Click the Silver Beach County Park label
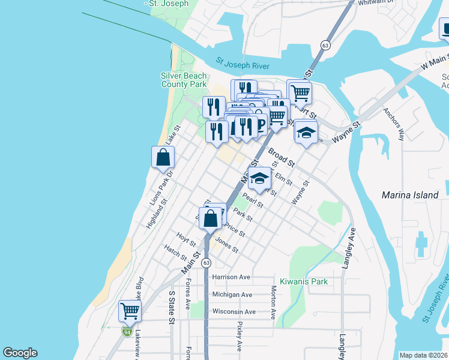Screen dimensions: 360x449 [x=184, y=80]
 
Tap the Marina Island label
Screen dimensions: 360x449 [x=410, y=195]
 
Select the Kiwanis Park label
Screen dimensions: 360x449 [x=304, y=281]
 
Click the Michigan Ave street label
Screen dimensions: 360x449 [x=232, y=295]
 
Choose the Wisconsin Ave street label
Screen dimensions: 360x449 [x=234, y=311]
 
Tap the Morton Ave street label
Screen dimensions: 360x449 [x=273, y=301]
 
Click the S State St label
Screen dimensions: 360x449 [x=171, y=307]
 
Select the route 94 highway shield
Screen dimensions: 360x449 [x=127, y=331]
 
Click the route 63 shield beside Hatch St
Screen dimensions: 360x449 [x=206, y=263]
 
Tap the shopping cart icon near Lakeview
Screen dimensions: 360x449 [x=130, y=311]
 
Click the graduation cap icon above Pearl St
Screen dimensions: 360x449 [x=259, y=178]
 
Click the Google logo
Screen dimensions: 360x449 [x=20, y=353]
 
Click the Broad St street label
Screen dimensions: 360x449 [x=282, y=157]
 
